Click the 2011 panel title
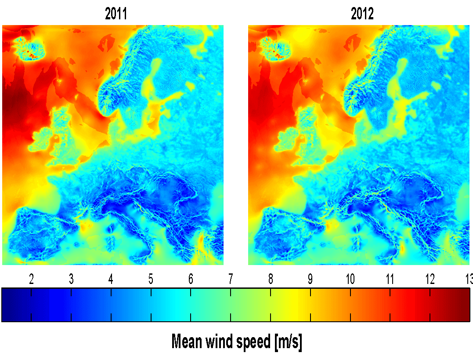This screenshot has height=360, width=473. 116,15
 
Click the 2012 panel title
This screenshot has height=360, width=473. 362,15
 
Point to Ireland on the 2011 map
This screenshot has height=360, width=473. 42,140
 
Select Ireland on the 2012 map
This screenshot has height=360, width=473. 288,140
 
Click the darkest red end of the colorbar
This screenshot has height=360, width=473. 466,305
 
